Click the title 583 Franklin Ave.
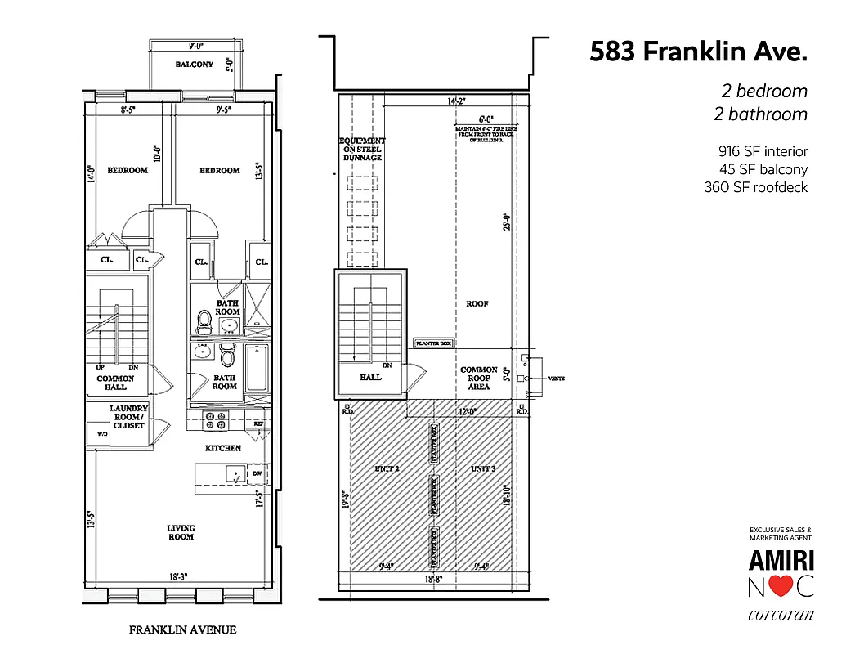point(698,52)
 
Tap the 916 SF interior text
point(763,151)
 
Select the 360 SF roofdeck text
point(756,187)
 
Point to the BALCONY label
point(194,65)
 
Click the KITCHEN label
point(222,448)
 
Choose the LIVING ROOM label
point(181,532)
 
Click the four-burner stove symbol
point(215,420)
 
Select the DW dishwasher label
point(256,473)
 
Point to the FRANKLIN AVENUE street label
point(182,630)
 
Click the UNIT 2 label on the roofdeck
point(387,469)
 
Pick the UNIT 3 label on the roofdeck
point(482,469)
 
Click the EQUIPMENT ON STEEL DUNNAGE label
point(362,149)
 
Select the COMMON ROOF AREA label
point(479,379)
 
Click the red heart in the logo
point(781,587)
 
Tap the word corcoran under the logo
point(781,615)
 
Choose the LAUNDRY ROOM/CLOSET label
point(129,417)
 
